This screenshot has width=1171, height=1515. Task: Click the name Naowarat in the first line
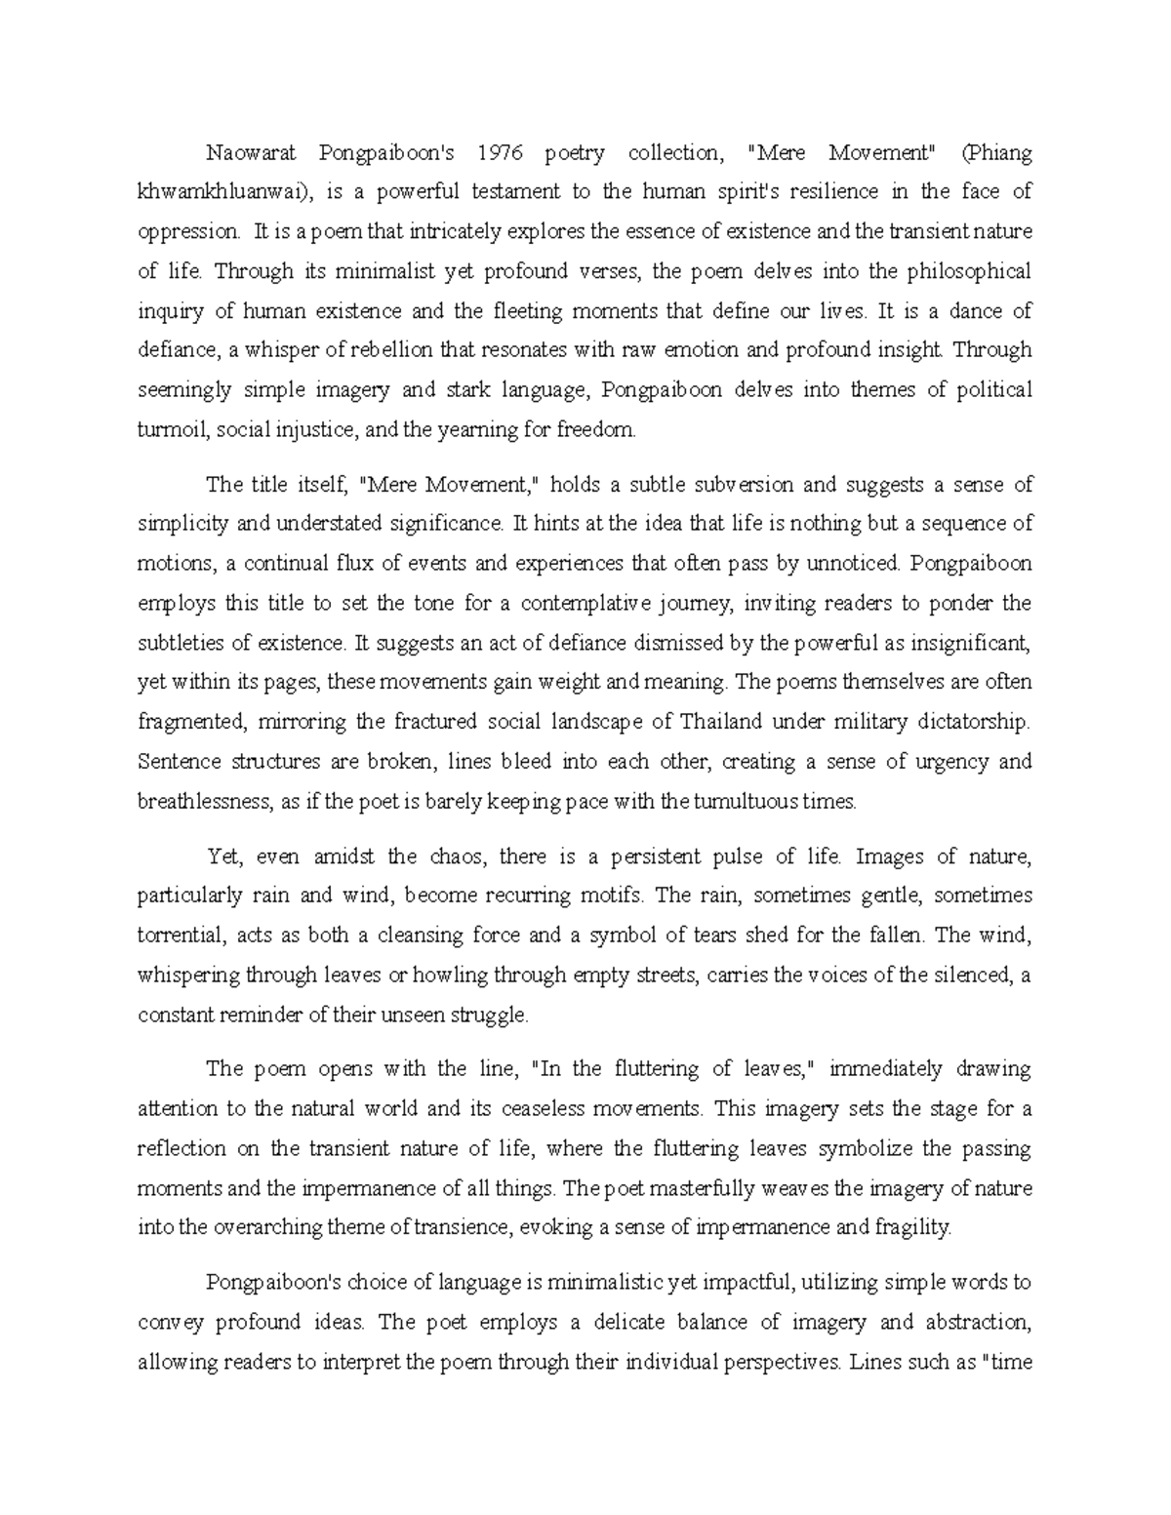click(x=252, y=152)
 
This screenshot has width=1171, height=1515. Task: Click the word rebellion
click(x=388, y=350)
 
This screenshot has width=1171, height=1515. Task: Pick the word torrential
click(x=181, y=936)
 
